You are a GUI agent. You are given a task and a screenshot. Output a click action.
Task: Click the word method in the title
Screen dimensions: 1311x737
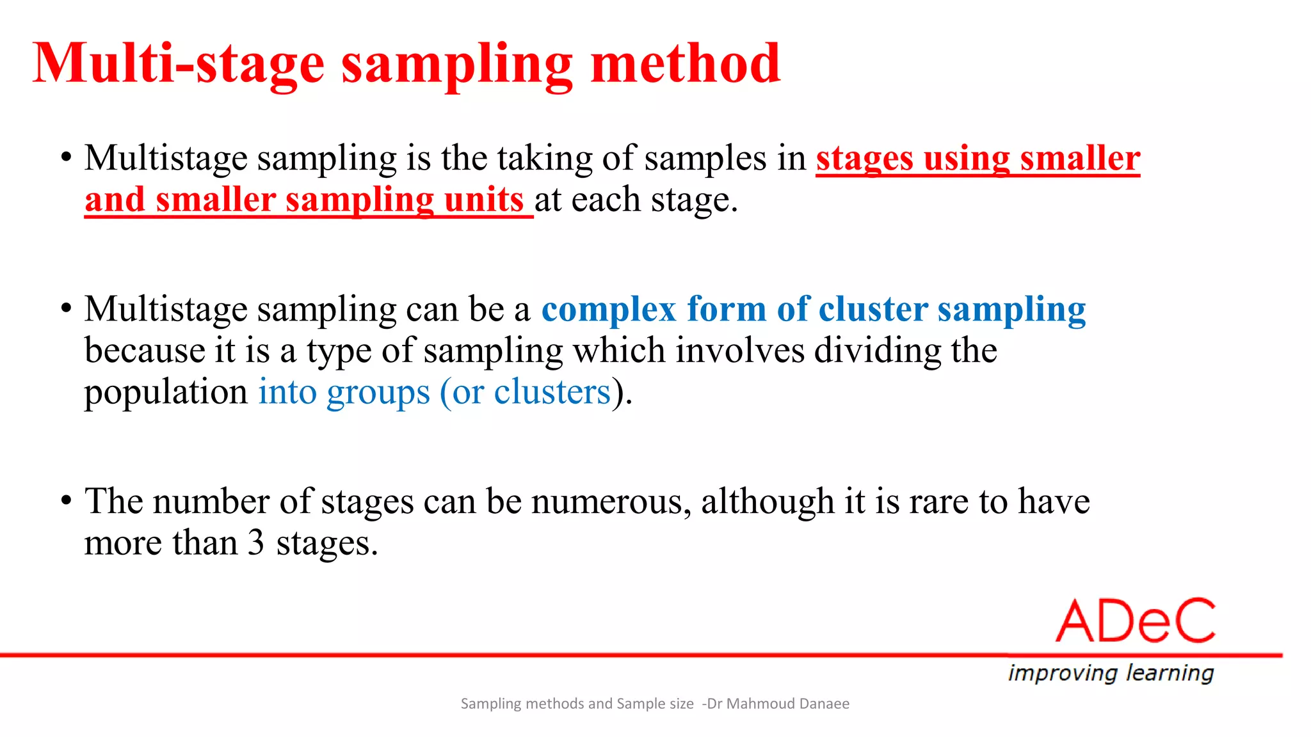click(685, 63)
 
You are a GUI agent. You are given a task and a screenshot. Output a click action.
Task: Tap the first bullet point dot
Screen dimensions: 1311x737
click(67, 157)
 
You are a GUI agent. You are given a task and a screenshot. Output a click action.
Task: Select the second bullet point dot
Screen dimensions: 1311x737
click(67, 308)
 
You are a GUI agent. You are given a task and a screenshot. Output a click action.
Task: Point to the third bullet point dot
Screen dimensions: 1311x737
click(67, 501)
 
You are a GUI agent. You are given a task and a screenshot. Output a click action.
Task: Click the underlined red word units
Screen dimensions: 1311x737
click(483, 200)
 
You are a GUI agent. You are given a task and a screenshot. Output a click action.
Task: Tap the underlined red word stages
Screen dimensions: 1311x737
click(864, 159)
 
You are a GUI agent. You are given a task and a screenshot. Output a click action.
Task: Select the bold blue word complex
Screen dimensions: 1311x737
click(609, 310)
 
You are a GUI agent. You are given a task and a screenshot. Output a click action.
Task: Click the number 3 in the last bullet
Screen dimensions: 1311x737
click(255, 543)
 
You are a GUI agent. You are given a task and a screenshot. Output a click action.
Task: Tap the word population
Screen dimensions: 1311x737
click(166, 393)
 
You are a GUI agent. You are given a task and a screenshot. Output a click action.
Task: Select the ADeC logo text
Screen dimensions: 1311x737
click(1136, 621)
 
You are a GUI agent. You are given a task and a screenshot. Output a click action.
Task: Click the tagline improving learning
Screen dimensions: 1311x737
click(1111, 673)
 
